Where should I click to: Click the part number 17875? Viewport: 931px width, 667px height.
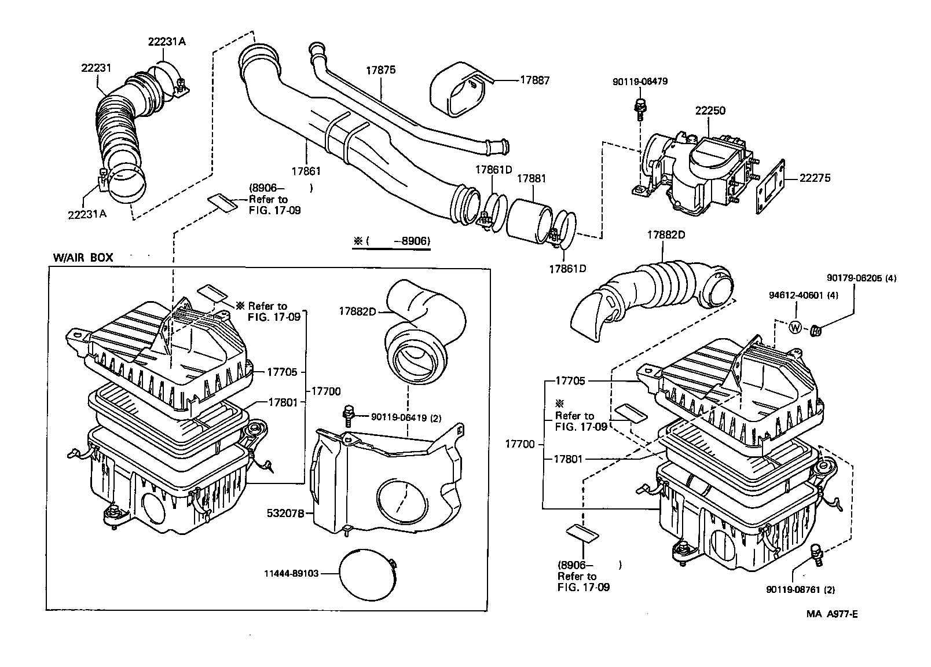coord(380,70)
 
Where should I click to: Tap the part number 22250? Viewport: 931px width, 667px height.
coord(710,111)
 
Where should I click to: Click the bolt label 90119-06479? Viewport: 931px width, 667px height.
coord(640,82)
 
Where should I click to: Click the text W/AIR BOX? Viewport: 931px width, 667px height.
coord(83,258)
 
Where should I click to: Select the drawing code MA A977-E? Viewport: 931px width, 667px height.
coord(832,614)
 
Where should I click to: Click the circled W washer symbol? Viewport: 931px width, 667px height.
coord(795,328)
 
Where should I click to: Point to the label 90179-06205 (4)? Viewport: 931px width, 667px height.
coord(862,278)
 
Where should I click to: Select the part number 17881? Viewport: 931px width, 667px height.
coord(531,179)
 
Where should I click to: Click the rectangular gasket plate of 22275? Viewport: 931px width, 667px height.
coord(769,186)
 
